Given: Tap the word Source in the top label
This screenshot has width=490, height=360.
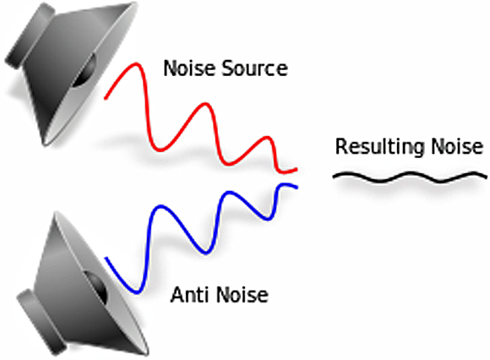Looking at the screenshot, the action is click(254, 68).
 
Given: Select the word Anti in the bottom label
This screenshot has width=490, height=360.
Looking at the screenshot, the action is click(190, 294).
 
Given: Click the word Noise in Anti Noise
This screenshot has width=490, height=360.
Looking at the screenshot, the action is click(242, 294).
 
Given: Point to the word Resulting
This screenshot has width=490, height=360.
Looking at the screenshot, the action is click(379, 147).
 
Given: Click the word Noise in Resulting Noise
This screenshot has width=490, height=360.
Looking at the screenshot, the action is click(457, 146).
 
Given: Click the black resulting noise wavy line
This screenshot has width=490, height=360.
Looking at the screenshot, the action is click(410, 177).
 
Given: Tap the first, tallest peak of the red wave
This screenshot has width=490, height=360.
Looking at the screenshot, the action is click(136, 63).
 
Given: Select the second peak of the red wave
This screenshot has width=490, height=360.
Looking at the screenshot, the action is click(205, 104).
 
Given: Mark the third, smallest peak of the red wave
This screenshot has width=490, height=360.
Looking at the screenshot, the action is click(266, 137).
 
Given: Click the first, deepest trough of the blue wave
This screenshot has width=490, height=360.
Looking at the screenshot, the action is click(137, 292).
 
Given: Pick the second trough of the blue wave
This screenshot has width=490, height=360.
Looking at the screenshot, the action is click(205, 253).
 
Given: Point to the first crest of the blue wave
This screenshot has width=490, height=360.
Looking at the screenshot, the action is click(161, 206).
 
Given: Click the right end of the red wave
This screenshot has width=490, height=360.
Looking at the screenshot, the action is click(296, 170).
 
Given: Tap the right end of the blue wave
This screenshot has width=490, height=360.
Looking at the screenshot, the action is click(297, 188).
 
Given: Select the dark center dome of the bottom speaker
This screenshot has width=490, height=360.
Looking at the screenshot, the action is click(95, 286).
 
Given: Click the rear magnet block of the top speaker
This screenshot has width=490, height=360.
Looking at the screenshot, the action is click(29, 37).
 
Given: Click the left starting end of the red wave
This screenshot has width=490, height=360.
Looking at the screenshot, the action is click(106, 98).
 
